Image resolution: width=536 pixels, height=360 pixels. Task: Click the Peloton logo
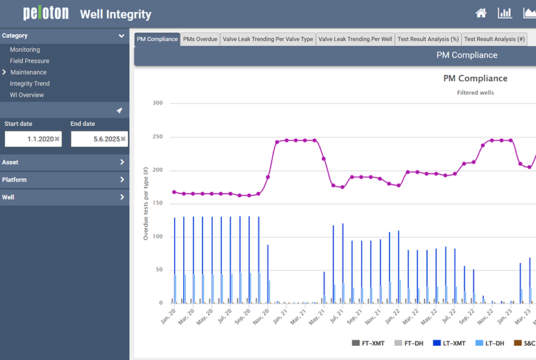45,14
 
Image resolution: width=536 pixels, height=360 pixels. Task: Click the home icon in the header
481,14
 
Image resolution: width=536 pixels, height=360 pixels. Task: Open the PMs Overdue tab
200,39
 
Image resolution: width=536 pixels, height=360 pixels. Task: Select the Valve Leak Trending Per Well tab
355,39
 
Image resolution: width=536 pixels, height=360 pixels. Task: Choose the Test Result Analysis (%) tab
428,39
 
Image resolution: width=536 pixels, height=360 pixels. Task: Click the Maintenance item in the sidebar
28,72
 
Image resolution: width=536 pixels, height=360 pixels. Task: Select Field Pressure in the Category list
29,61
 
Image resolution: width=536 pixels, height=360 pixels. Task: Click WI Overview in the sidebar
27,95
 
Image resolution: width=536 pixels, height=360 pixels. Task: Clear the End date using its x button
123,139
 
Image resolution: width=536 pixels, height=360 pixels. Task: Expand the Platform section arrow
122,180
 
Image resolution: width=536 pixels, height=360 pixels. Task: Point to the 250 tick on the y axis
157,137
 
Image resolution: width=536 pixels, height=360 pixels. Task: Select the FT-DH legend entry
409,343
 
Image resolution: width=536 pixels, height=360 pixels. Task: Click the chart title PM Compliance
475,79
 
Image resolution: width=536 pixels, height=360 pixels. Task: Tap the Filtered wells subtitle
475,93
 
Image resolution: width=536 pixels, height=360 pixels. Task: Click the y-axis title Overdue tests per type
146,203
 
